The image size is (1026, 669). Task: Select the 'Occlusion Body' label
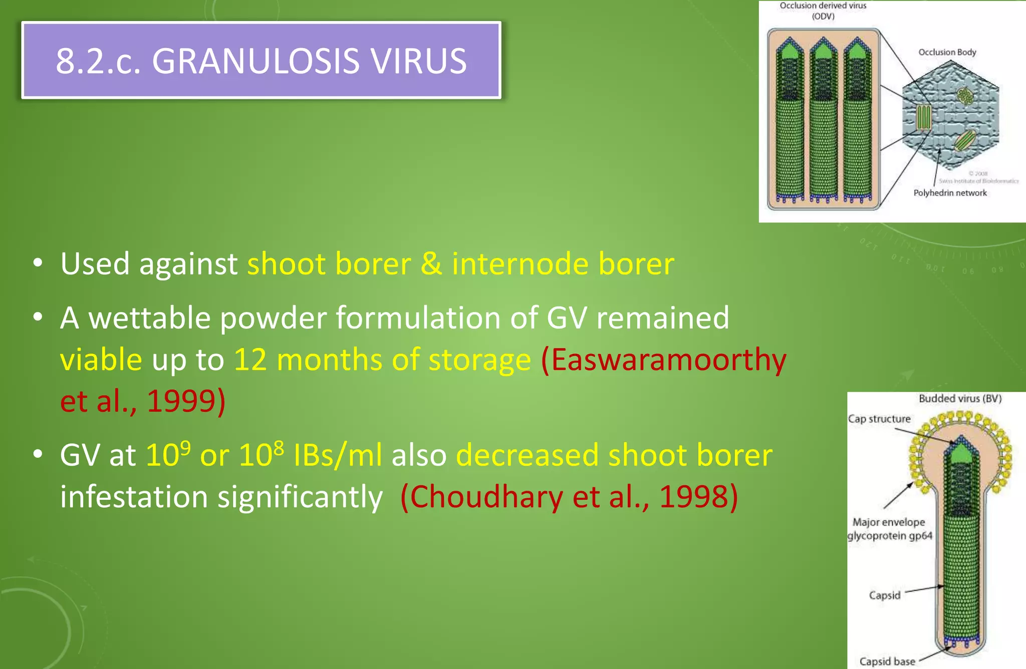(947, 52)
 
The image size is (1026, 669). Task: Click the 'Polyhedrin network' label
(950, 193)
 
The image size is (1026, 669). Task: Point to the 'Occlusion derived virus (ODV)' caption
(823, 11)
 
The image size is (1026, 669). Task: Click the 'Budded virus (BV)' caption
(960, 399)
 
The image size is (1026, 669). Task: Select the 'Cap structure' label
(879, 419)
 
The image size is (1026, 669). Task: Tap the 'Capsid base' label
(887, 661)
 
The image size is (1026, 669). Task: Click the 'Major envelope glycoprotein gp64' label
(889, 529)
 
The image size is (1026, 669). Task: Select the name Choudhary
(486, 497)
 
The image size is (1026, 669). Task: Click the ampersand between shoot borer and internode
(431, 264)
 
